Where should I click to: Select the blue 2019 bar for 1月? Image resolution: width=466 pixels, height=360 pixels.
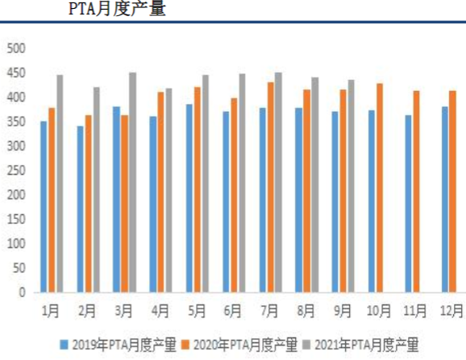click(44, 207)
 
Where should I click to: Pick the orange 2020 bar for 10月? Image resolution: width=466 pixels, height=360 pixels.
click(379, 188)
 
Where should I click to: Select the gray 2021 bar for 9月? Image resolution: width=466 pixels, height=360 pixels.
click(351, 186)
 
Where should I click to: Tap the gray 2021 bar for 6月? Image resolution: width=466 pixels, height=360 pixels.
click(242, 183)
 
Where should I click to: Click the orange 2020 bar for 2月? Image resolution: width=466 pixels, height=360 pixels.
click(87, 204)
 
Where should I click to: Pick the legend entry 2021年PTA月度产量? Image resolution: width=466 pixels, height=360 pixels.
click(357, 346)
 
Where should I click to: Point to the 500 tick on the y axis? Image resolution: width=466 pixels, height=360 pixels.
click(17, 48)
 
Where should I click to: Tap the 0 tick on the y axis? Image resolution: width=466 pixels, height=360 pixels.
click(23, 292)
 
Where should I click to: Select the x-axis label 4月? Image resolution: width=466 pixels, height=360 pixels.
click(160, 309)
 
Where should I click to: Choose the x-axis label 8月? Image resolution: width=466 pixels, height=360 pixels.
click(306, 309)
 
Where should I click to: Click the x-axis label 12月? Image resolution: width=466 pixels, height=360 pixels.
click(451, 309)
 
